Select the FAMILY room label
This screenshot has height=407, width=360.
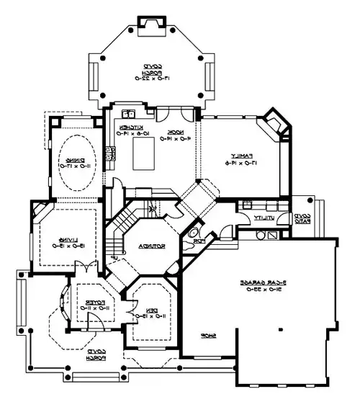pyautogui.click(x=235, y=156)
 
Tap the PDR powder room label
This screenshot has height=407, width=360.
pyautogui.click(x=205, y=239)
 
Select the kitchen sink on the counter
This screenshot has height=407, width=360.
pyautogui.click(x=127, y=113)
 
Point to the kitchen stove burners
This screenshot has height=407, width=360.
pyautogui.click(x=112, y=152)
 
